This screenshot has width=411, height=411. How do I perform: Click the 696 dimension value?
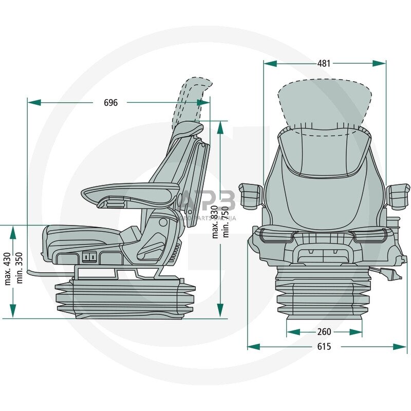[x=110, y=102]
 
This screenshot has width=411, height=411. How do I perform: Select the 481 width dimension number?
[x=324, y=63]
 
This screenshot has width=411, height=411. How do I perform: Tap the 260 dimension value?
[x=324, y=332]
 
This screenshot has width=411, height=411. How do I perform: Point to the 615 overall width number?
[x=324, y=347]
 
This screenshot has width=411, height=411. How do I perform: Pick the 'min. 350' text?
[x=19, y=269]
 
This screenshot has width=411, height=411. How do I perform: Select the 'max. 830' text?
[x=215, y=221]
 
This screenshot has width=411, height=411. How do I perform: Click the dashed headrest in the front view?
[x=324, y=103]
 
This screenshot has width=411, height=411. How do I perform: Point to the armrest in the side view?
[x=131, y=193]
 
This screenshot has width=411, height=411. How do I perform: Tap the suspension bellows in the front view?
[x=324, y=295]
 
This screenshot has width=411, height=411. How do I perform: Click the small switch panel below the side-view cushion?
[x=90, y=256]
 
